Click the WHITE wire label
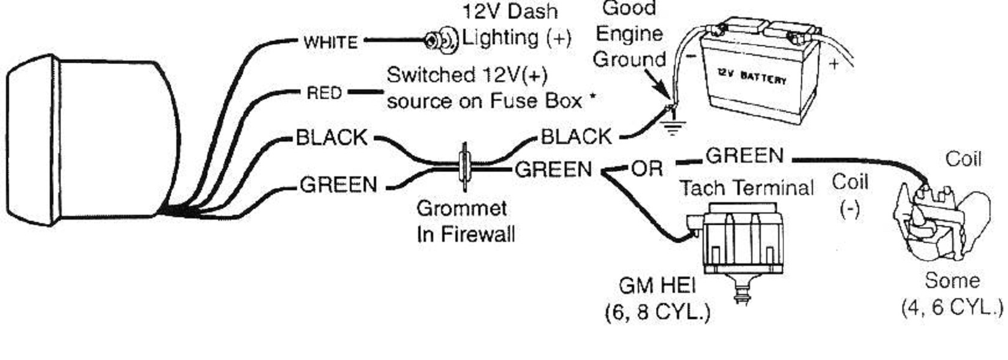click(x=331, y=42)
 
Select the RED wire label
click(x=324, y=93)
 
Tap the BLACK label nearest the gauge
click(x=331, y=137)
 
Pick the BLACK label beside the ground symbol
click(x=576, y=137)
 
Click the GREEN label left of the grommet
click(x=338, y=184)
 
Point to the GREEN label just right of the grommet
click(x=553, y=170)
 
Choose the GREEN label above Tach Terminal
click(x=745, y=156)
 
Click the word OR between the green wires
click(x=647, y=170)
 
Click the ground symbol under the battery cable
click(x=674, y=126)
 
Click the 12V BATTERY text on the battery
click(x=751, y=76)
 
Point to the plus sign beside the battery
click(x=834, y=64)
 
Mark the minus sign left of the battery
click(x=691, y=58)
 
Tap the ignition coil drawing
click(x=939, y=219)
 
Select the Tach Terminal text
click(x=746, y=188)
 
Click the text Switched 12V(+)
click(x=467, y=75)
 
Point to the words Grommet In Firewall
click(x=465, y=221)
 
